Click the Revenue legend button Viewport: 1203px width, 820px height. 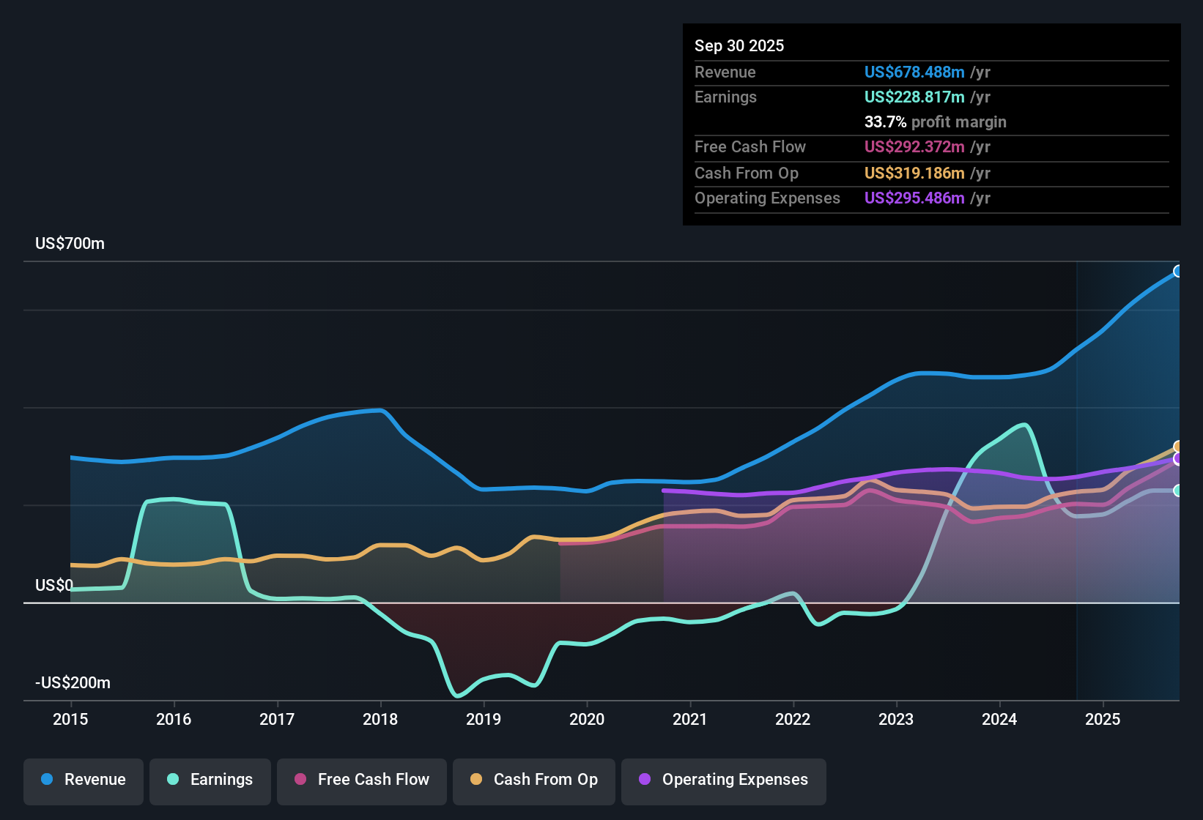[x=84, y=780]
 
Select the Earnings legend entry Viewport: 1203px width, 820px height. [x=210, y=780]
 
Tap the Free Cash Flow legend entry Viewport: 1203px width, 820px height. [x=362, y=780]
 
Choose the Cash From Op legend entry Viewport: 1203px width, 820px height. [x=534, y=780]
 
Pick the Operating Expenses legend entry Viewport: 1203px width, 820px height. [x=724, y=780]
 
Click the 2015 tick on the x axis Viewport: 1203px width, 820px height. [x=70, y=719]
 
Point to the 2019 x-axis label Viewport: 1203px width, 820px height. [x=484, y=719]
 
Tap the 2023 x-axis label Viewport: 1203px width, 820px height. [x=896, y=719]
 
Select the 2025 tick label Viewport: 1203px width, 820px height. [x=1103, y=719]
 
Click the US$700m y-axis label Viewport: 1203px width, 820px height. [x=70, y=244]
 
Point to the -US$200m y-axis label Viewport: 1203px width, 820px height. [x=73, y=683]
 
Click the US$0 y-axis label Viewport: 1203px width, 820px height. [x=54, y=586]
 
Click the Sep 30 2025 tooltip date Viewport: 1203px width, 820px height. [x=739, y=46]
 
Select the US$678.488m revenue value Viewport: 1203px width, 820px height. [x=914, y=72]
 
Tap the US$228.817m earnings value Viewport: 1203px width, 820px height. [x=914, y=97]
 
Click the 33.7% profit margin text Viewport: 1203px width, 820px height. [x=935, y=122]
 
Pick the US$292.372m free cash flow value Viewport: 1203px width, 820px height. [x=914, y=147]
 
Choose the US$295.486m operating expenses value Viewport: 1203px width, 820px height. [x=914, y=198]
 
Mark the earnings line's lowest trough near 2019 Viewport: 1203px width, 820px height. [x=458, y=696]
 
